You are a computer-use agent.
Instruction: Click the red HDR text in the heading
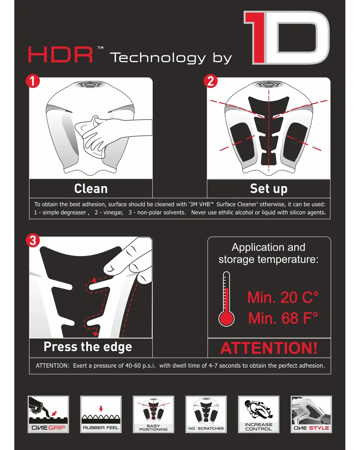pyautogui.click(x=60, y=55)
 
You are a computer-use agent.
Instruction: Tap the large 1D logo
pyautogui.click(x=287, y=38)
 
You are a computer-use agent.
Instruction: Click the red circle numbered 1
pyautogui.click(x=33, y=81)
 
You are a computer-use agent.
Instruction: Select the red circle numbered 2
pyautogui.click(x=211, y=81)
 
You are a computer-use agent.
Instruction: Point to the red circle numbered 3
pyautogui.click(x=33, y=240)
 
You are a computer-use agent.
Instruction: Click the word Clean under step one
pyautogui.click(x=91, y=189)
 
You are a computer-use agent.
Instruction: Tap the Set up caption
pyautogui.click(x=269, y=189)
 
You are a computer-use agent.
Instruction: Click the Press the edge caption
pyautogui.click(x=88, y=347)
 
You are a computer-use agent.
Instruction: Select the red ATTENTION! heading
pyautogui.click(x=269, y=348)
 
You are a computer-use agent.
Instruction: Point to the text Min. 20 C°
pyautogui.click(x=283, y=297)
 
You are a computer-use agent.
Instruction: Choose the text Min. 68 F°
pyautogui.click(x=283, y=318)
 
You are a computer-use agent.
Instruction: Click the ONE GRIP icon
pyautogui.click(x=48, y=414)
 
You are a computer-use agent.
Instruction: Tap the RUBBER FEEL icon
pyautogui.click(x=101, y=414)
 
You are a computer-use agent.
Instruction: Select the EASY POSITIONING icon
pyautogui.click(x=154, y=414)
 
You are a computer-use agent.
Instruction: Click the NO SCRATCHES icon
pyautogui.click(x=206, y=414)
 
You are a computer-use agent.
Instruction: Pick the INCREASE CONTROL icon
pyautogui.click(x=259, y=414)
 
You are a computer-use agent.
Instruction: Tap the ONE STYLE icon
pyautogui.click(x=311, y=414)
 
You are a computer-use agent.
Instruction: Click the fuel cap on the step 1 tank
pyautogui.click(x=90, y=84)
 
